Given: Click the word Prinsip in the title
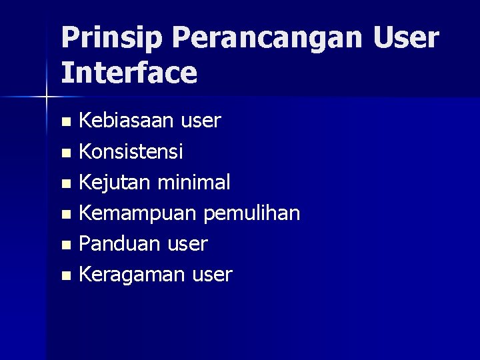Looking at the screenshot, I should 111,38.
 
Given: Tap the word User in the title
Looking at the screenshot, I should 407,38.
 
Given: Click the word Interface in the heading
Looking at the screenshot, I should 129,73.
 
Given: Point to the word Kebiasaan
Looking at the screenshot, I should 125,121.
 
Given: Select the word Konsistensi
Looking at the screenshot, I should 131,151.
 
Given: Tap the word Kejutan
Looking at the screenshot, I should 112,182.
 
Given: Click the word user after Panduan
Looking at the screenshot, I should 186,243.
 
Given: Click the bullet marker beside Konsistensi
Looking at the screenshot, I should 65,153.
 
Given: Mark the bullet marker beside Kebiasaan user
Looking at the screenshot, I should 65,122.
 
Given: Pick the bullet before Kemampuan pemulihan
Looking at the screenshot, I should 65,214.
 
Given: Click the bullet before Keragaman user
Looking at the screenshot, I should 65,275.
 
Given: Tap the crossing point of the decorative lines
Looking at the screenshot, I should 46,97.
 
